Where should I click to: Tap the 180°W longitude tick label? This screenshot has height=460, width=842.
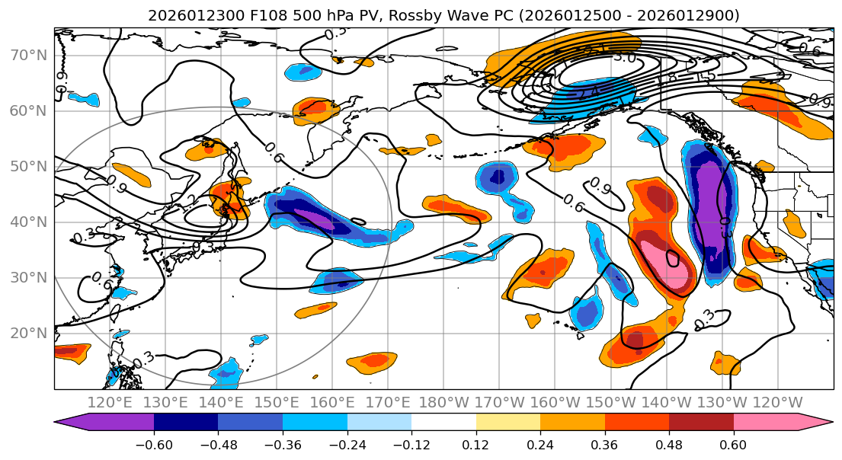443,403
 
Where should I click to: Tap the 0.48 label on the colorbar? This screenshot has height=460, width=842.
669,443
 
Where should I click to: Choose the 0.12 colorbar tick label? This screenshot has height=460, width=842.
476,443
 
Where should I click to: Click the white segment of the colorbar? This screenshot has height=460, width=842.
443,423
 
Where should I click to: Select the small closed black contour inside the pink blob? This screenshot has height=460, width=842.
673,258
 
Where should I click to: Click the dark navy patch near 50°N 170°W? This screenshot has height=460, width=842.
498,177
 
